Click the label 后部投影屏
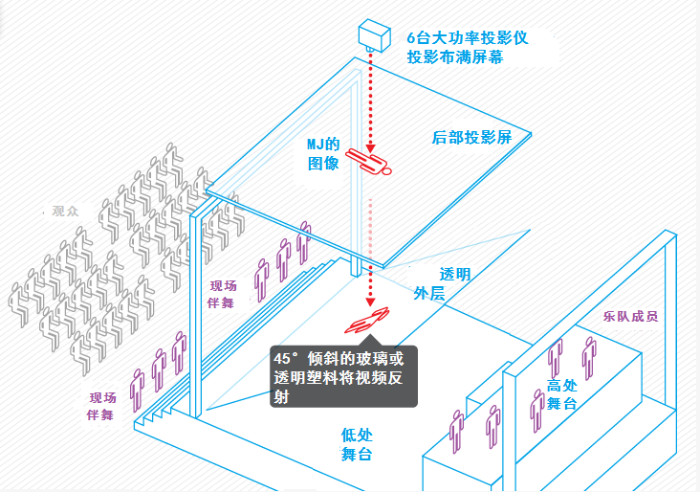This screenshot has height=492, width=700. point(471,137)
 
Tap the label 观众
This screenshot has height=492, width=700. point(66,210)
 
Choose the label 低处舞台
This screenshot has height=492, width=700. point(356,444)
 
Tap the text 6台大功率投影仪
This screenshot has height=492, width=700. point(466,37)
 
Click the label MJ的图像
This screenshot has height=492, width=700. point(323,153)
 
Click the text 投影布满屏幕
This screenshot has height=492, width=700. point(454,57)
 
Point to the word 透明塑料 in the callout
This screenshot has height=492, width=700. point(322,378)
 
